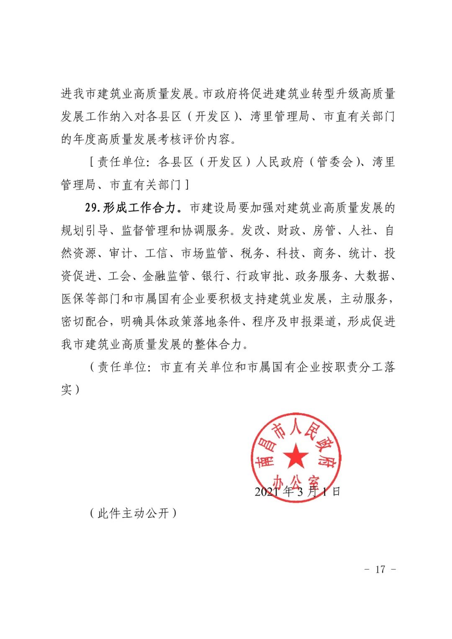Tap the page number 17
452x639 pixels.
tap(380, 569)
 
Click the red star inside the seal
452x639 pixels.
tap(296, 456)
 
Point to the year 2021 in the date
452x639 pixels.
tap(267, 491)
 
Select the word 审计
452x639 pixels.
tap(121, 253)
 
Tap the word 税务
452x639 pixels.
tap(252, 253)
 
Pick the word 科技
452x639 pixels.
tap(288, 253)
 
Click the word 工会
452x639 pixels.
tap(120, 276)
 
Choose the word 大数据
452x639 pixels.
tap(372, 276)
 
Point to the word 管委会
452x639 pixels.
tap(335, 162)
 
